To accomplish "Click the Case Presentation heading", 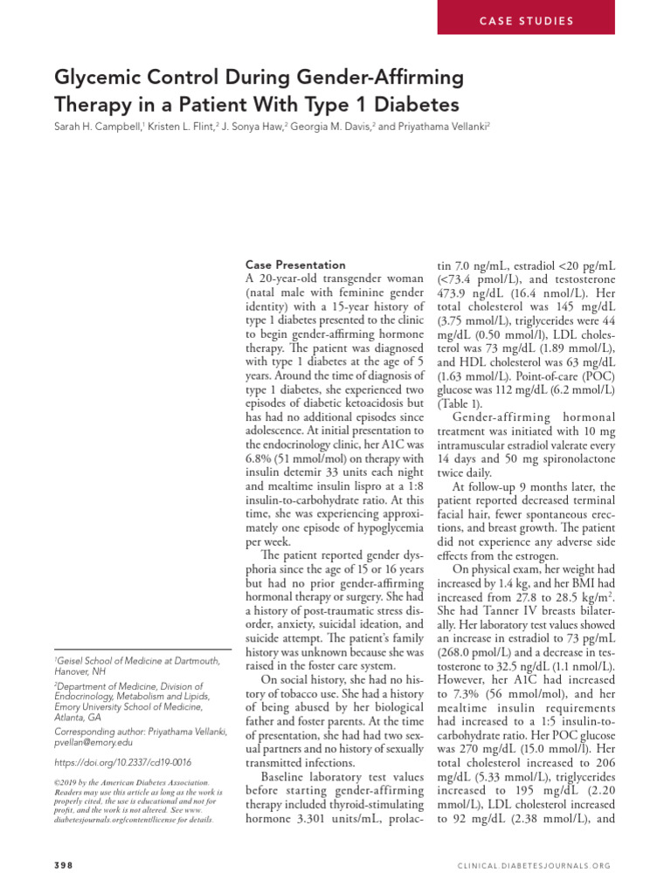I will click(294, 265).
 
